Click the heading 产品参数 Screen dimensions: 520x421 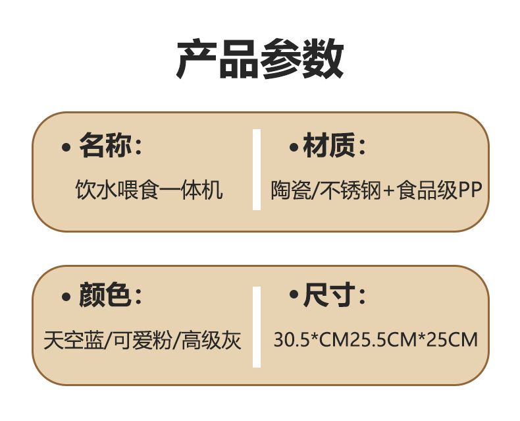tap(260, 59)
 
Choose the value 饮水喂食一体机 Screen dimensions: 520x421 tap(149, 190)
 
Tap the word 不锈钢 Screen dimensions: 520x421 tap(348, 190)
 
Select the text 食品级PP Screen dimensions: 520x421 tap(440, 190)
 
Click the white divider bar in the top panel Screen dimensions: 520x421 tap(257, 169)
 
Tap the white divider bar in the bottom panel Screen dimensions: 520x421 tap(257, 325)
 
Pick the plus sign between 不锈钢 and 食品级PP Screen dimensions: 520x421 tap(388, 192)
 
